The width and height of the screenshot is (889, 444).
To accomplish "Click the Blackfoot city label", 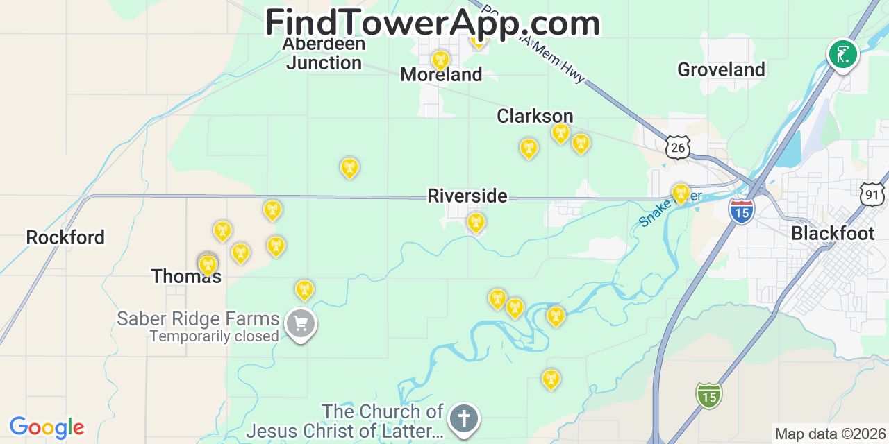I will pos(833,233).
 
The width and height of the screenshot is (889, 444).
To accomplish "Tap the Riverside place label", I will pos(467,196).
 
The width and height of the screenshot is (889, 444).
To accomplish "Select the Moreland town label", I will pos(441,75).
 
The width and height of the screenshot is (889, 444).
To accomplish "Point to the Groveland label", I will pos(721,69).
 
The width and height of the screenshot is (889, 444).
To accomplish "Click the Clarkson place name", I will pos(535,116).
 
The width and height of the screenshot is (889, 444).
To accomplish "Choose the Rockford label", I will pos(65,237).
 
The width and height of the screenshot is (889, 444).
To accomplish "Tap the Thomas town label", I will pos(186,276).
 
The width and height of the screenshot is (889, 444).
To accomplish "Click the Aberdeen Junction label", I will pos(324,53).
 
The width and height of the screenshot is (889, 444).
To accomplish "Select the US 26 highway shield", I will pos(677,146).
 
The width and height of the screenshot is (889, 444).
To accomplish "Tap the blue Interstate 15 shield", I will pos(742,210).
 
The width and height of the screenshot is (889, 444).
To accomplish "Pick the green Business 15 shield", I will pos(708,395).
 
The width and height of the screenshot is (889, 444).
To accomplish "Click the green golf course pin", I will pos(842,54).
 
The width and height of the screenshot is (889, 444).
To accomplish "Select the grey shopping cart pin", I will pos(301,323).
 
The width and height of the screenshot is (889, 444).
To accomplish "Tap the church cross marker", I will pos(464,419).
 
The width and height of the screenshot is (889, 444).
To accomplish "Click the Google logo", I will pos(47,427).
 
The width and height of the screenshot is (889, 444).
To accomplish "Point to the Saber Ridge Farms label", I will pos(198,319).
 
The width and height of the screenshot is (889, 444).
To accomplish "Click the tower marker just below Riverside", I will pos(476,223).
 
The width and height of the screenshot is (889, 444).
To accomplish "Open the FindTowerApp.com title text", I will pos(432,23).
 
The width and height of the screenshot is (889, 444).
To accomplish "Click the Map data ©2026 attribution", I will pos(830,434).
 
